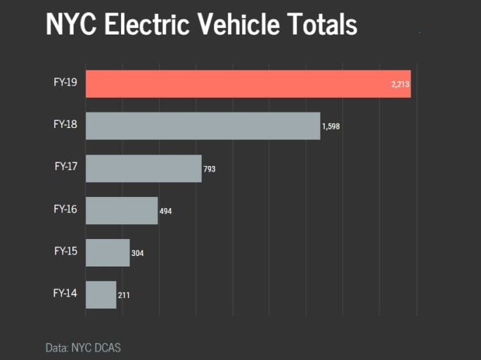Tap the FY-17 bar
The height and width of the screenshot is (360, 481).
pyautogui.click(x=143, y=168)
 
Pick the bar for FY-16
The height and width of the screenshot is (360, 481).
pyautogui.click(x=122, y=210)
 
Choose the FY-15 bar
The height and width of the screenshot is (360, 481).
pyautogui.click(x=108, y=252)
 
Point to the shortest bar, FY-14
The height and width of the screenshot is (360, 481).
pyautogui.click(x=101, y=295)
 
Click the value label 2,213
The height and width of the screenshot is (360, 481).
pyautogui.click(x=400, y=84)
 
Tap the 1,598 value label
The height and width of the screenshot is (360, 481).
pyautogui.click(x=331, y=127)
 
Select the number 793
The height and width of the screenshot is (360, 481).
pyautogui.click(x=210, y=169)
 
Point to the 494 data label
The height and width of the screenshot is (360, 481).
pyautogui.click(x=166, y=211)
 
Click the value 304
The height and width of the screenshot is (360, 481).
pyautogui.click(x=138, y=253)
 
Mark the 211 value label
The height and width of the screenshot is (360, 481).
pyautogui.click(x=124, y=295)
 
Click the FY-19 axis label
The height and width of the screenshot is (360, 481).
pyautogui.click(x=65, y=82)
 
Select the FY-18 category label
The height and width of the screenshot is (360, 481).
pyautogui.click(x=65, y=124)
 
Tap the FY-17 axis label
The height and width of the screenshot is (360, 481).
pyautogui.click(x=65, y=167)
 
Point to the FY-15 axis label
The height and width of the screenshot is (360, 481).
pyautogui.click(x=65, y=250)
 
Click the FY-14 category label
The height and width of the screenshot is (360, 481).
pyautogui.click(x=65, y=292)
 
